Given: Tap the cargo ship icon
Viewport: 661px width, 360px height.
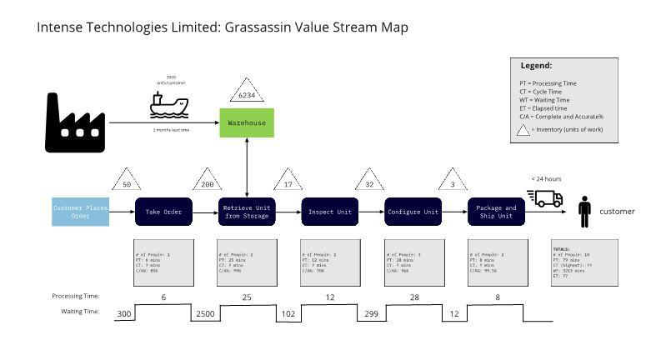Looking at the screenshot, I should click(x=169, y=103).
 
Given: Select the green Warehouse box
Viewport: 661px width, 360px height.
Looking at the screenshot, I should click(x=247, y=122).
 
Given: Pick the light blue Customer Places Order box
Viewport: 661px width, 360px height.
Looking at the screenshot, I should click(x=80, y=212).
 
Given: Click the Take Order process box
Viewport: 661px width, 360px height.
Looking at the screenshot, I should click(x=164, y=212).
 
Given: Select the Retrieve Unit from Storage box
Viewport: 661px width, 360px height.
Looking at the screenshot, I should click(x=247, y=212).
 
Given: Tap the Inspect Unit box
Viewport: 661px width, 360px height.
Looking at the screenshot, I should click(x=329, y=212).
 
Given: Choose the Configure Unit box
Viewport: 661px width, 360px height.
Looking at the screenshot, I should click(x=413, y=212).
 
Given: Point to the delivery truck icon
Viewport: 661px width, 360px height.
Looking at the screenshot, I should click(x=546, y=198).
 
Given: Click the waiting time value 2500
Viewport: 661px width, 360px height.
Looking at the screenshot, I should click(x=205, y=313).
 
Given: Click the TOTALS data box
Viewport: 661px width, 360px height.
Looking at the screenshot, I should click(x=584, y=262).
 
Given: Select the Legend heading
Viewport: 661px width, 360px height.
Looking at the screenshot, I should click(x=536, y=65).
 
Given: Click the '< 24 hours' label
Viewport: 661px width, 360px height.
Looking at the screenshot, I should click(x=546, y=178).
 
